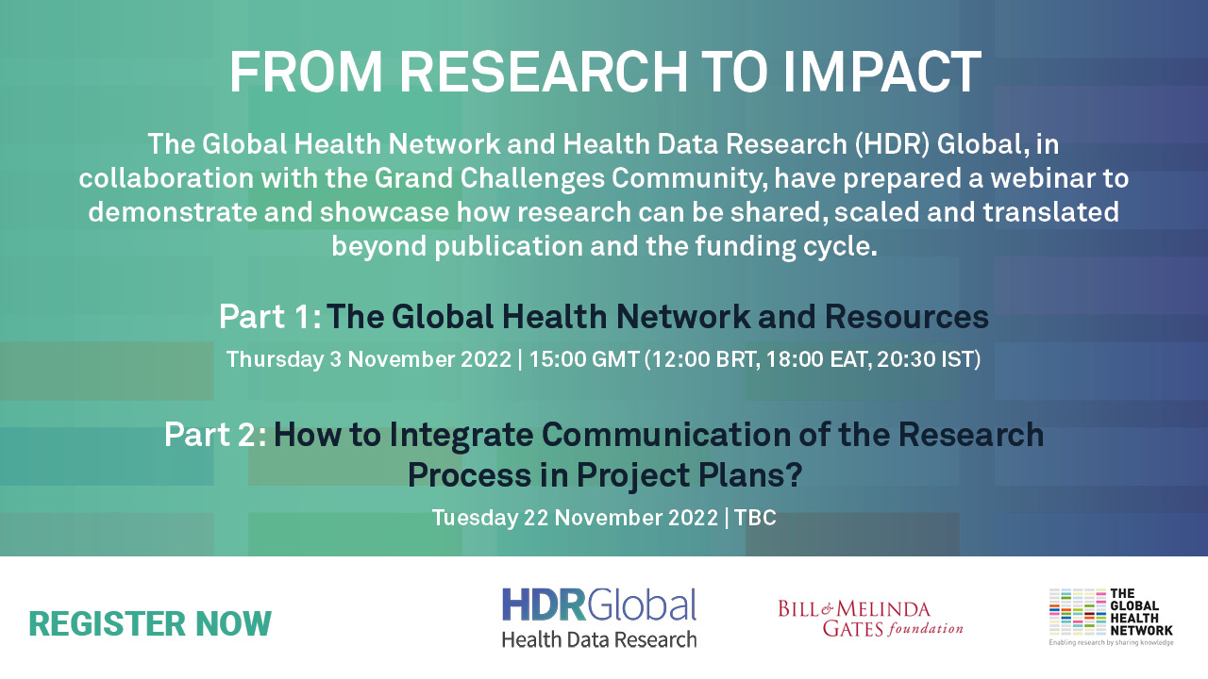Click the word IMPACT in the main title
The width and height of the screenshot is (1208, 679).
click(881, 73)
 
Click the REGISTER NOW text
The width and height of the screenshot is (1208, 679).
click(150, 624)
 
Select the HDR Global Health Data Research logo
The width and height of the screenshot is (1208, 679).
click(599, 618)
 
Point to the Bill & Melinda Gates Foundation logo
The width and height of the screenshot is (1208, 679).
click(870, 619)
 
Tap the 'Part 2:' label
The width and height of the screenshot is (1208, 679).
click(215, 435)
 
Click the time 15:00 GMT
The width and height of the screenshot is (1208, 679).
click(584, 359)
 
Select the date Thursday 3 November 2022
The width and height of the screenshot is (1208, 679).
click(368, 359)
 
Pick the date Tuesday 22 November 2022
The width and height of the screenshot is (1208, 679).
click(575, 518)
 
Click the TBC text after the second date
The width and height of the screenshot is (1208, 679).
click(755, 518)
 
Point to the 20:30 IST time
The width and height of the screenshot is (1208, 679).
click(927, 359)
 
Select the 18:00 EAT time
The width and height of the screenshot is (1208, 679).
click(817, 359)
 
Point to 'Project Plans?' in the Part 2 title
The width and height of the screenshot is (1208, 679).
click(690, 476)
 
